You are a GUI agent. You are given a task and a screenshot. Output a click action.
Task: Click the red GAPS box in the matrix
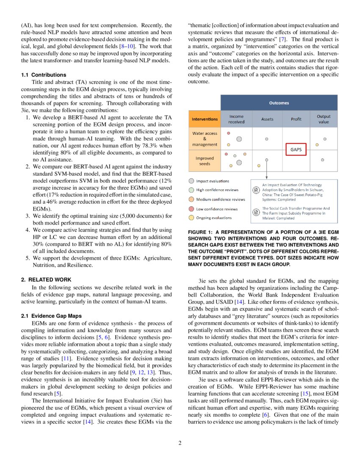coord(296,150)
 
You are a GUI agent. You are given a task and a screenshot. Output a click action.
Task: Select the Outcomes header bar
coord(279,103)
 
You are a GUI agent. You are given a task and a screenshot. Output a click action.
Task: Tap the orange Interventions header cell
coord(205,119)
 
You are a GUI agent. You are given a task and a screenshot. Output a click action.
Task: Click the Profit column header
coord(296,119)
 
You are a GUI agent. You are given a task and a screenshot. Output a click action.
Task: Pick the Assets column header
coord(267,119)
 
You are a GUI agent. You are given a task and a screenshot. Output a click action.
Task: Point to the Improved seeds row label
coord(205,161)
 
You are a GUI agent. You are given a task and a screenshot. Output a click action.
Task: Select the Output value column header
coord(324,119)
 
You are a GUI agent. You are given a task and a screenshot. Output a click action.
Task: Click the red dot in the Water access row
coord(229,133)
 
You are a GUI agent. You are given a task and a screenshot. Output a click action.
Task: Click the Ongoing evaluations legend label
coord(214,218)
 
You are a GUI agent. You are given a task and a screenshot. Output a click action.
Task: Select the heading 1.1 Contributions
coord(43,75)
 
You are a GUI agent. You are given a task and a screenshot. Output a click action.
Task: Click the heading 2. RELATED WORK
coord(46,280)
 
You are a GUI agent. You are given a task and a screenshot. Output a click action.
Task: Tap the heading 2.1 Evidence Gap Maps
coord(51,316)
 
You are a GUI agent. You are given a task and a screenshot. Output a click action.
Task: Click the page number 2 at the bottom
coord(180,444)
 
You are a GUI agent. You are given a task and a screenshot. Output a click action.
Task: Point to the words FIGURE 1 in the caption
coord(201,233)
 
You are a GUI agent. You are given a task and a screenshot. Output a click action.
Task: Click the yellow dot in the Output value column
coord(317,145)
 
